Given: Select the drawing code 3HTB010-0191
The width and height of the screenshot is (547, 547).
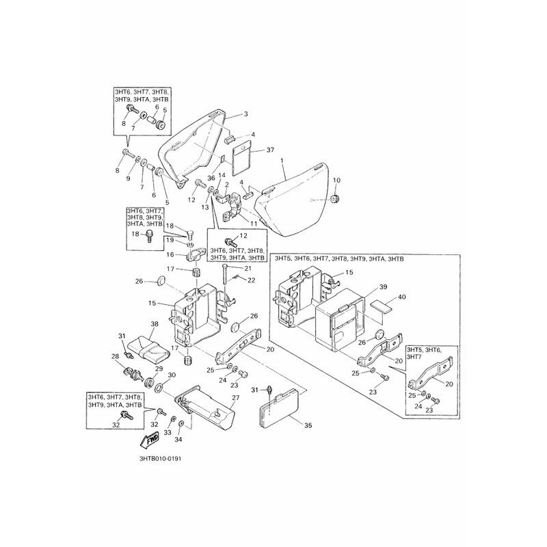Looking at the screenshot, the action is pyautogui.click(x=160, y=459).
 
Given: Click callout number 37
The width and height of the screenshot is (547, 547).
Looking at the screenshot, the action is pyautogui.click(x=270, y=150).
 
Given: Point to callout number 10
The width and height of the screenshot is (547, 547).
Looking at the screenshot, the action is pyautogui.click(x=336, y=181).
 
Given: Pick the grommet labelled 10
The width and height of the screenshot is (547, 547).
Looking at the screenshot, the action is pyautogui.click(x=336, y=200).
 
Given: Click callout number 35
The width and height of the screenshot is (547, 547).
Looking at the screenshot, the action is pyautogui.click(x=308, y=425).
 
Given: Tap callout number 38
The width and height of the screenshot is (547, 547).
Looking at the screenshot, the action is pyautogui.click(x=155, y=323).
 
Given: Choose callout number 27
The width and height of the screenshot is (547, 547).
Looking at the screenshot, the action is pyautogui.click(x=236, y=397).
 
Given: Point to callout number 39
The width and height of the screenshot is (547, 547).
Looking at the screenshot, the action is pyautogui.click(x=383, y=286).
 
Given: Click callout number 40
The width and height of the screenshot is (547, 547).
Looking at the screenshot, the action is pyautogui.click(x=402, y=297).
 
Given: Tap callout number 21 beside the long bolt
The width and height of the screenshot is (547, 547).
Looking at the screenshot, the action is pyautogui.click(x=248, y=268).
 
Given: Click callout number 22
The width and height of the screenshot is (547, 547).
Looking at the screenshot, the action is pyautogui.click(x=252, y=280).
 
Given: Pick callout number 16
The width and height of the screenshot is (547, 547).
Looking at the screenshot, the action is pyautogui.click(x=170, y=254).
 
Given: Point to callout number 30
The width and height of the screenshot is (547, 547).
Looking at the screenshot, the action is pyautogui.click(x=172, y=375).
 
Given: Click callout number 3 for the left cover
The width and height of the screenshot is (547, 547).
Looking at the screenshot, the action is pyautogui.click(x=246, y=114).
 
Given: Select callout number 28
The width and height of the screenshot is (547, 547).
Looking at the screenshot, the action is pyautogui.click(x=115, y=356).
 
